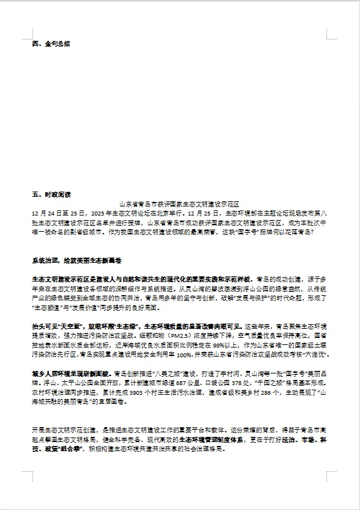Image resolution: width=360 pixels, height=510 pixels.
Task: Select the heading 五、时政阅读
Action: (x=51, y=194)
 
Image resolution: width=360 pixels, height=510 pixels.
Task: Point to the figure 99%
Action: (x=228, y=346)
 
